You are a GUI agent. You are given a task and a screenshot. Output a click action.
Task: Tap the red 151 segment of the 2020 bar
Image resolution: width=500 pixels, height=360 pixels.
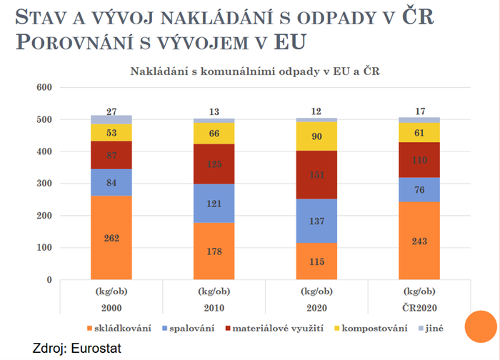(316, 175)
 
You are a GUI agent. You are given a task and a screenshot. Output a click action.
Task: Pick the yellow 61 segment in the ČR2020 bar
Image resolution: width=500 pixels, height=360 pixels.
(419, 132)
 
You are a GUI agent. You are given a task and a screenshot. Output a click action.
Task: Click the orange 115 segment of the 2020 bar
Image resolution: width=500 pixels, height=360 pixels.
(316, 261)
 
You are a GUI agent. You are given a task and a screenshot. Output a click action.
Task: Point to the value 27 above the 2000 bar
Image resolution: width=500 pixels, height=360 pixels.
(111, 111)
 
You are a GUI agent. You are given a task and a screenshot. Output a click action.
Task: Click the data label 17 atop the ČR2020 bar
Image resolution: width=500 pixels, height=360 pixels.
(419, 111)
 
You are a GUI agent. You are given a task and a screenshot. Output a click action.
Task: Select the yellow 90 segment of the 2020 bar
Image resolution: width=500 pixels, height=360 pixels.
(316, 136)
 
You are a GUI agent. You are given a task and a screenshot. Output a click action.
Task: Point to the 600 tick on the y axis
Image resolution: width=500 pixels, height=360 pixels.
(44, 87)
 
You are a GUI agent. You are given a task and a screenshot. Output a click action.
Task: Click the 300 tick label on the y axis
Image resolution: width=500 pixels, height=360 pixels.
(44, 184)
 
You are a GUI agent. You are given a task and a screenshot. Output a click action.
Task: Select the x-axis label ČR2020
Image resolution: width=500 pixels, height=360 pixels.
(419, 309)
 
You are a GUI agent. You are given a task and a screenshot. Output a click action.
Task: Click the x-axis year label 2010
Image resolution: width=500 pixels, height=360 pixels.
(214, 309)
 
